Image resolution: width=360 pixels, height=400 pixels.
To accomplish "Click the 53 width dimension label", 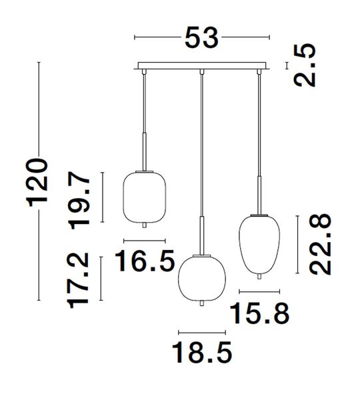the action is (201, 38).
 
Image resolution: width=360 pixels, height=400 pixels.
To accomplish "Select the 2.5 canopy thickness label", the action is (305, 65).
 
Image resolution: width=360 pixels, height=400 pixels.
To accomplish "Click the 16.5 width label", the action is (145, 261).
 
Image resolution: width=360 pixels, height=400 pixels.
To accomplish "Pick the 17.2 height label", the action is (78, 281).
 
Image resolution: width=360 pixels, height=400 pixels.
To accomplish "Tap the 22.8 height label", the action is (320, 245).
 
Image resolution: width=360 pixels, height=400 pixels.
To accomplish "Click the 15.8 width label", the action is (260, 313).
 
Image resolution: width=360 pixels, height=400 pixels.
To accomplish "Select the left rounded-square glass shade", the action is (145, 197).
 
